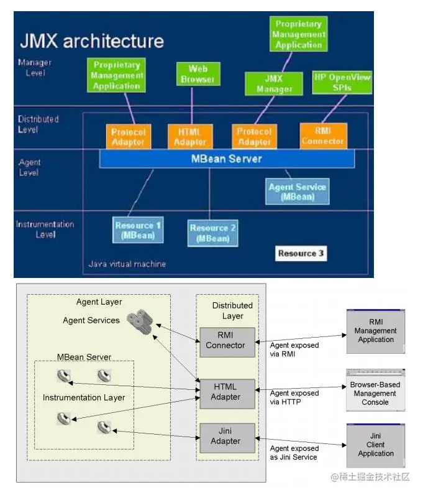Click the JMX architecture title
coord(92,41)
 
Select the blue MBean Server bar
coord(227,159)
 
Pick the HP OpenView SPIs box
coord(341,82)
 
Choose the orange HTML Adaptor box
coord(189,137)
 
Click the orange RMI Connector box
coord(322,136)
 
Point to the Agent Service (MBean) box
coord(297,192)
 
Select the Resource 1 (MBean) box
coord(139,230)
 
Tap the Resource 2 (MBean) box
coord(212,232)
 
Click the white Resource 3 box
coord(301,253)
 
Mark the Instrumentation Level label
coord(45,229)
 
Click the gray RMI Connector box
coord(225,341)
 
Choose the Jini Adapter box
coord(225,437)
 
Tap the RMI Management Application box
coord(376,331)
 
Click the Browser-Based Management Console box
coord(375,392)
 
